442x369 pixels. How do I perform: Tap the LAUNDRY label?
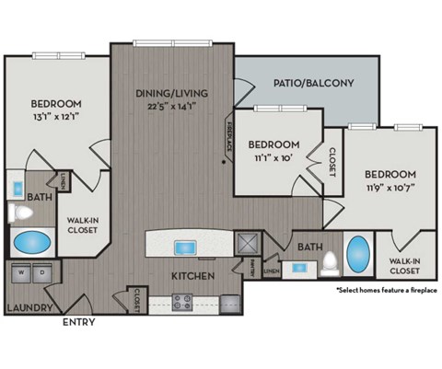(x=27, y=307)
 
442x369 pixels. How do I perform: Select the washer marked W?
(x=18, y=273)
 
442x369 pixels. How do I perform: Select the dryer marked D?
(x=41, y=273)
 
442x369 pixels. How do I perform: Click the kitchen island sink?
(x=184, y=246)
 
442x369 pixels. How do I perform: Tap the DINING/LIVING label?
(x=172, y=93)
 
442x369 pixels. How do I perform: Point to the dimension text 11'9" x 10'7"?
(x=390, y=189)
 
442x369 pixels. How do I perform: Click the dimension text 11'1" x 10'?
(x=273, y=158)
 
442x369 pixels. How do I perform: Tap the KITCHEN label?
(x=192, y=276)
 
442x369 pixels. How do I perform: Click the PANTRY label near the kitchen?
(x=252, y=268)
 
